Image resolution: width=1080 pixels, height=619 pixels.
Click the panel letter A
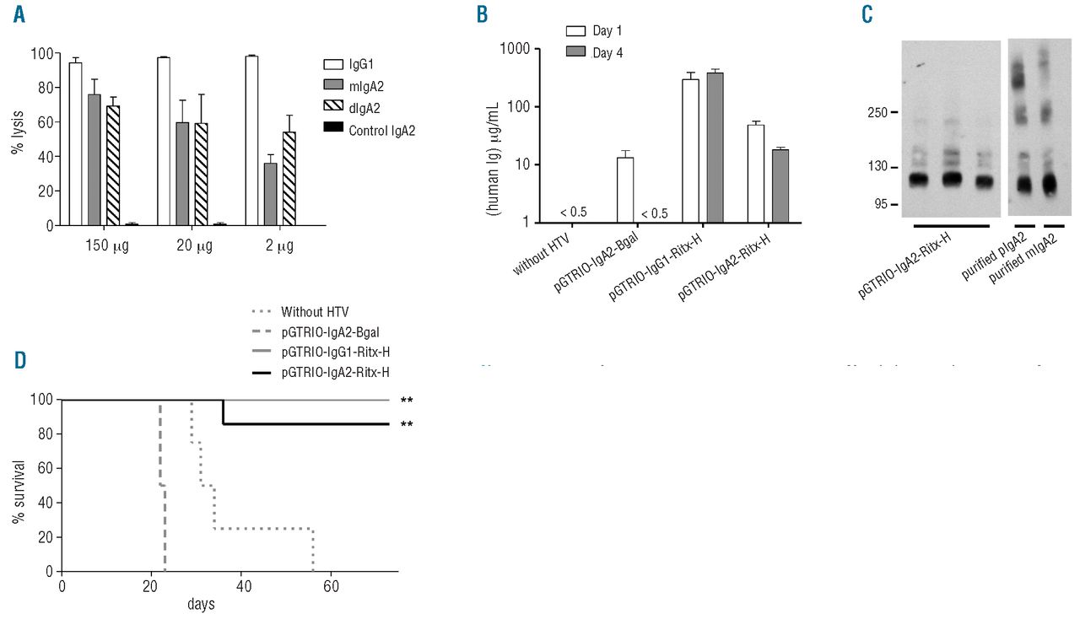pos(19,15)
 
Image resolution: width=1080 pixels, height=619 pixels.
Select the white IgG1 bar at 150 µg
pos(75,144)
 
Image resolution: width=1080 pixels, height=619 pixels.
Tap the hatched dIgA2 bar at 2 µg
pos(289,179)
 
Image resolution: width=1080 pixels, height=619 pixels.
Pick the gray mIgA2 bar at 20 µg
pos(182,174)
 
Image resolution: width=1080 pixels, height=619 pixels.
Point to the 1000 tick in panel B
pos(536,49)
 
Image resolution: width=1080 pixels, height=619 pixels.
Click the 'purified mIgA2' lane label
pos(1023,260)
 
